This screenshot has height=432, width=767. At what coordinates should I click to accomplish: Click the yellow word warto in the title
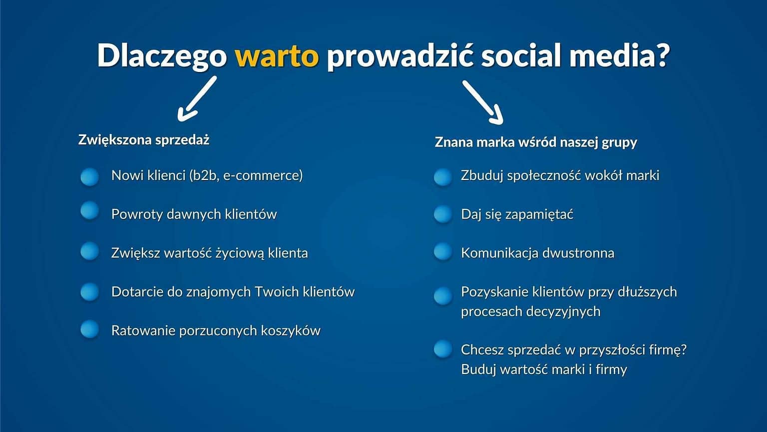[x=276, y=55]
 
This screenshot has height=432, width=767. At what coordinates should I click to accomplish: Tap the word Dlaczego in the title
[x=162, y=55]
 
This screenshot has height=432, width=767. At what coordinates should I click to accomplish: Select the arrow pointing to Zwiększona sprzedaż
[x=196, y=99]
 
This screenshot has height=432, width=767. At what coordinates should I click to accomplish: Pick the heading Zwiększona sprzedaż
[x=143, y=139]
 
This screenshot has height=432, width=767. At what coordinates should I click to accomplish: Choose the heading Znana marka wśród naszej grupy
[x=536, y=142]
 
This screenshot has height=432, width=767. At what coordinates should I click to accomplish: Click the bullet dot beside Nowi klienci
[x=90, y=176]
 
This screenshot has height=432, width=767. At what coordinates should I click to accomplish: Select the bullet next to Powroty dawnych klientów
[x=90, y=211]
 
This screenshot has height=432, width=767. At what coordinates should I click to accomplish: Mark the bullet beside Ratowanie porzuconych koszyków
[x=90, y=329]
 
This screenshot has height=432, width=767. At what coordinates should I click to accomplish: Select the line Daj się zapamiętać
[x=517, y=214]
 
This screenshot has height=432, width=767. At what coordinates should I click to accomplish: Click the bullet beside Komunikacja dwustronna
[x=443, y=251]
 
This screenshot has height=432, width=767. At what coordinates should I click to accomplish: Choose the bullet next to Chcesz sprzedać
[x=443, y=349]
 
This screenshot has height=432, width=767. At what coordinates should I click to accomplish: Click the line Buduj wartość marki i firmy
[x=544, y=369]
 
